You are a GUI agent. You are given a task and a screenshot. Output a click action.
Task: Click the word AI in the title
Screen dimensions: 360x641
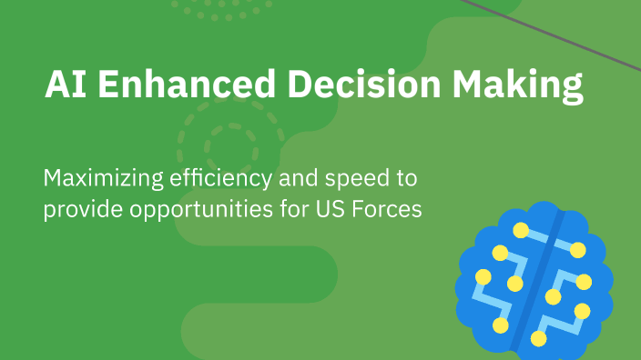coord(64,85)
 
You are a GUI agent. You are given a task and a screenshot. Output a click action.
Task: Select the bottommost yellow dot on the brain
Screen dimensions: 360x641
coord(538,338)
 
